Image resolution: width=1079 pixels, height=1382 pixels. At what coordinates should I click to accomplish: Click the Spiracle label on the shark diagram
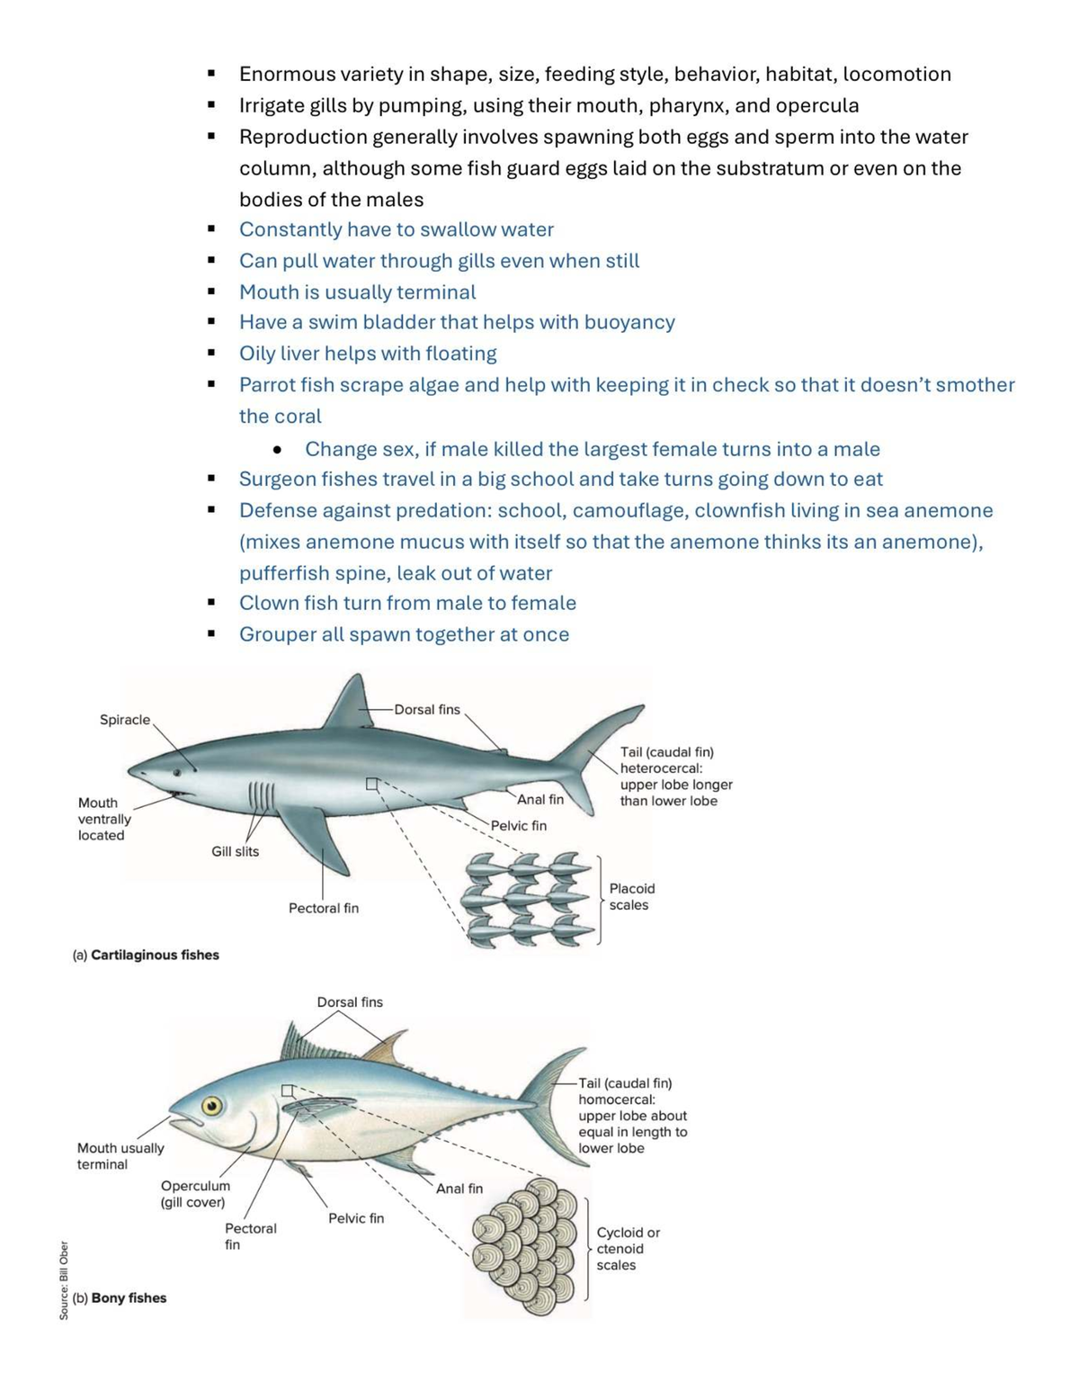(x=125, y=720)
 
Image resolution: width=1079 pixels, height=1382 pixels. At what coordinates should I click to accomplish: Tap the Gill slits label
(x=235, y=851)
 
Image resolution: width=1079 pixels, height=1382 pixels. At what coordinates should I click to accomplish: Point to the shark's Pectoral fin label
(x=323, y=908)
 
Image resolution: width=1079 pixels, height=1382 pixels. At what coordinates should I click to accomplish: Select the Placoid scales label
(x=632, y=896)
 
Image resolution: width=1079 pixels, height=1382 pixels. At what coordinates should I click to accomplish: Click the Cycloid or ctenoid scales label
(x=628, y=1249)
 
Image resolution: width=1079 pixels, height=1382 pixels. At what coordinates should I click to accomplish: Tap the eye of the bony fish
(x=212, y=1106)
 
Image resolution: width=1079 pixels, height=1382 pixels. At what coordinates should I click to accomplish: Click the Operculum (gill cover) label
(x=194, y=1194)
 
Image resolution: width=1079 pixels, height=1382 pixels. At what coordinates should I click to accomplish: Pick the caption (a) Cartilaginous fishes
(x=146, y=955)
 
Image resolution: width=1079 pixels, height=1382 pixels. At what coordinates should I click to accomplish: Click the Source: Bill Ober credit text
(x=64, y=1280)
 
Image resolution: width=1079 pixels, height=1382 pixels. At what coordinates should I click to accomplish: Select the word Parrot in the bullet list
(x=267, y=385)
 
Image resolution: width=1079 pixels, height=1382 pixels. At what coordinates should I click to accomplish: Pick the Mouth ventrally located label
(x=103, y=819)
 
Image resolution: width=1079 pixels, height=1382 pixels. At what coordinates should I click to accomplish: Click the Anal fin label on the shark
(x=540, y=799)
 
